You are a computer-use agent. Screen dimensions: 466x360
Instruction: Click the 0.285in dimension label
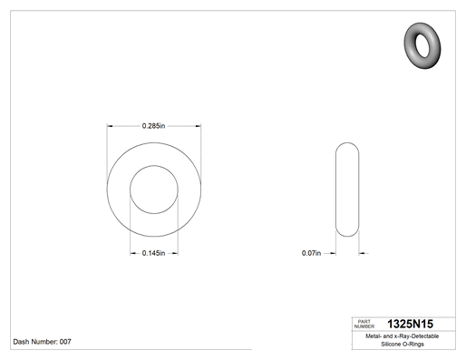click(x=153, y=126)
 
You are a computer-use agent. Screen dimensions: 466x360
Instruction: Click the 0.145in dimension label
click(x=153, y=253)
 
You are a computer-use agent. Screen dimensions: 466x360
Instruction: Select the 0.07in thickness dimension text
click(x=311, y=253)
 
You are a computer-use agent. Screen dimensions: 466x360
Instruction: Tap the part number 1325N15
click(x=410, y=324)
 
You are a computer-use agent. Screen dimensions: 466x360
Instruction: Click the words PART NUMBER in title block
click(x=364, y=324)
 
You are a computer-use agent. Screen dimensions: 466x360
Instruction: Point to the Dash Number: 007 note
click(x=42, y=342)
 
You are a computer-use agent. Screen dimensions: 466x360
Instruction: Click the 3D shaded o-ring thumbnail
click(x=422, y=45)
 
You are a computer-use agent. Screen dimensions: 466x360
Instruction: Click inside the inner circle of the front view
click(x=154, y=190)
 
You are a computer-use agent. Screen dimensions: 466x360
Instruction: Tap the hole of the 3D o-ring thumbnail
click(x=422, y=45)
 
